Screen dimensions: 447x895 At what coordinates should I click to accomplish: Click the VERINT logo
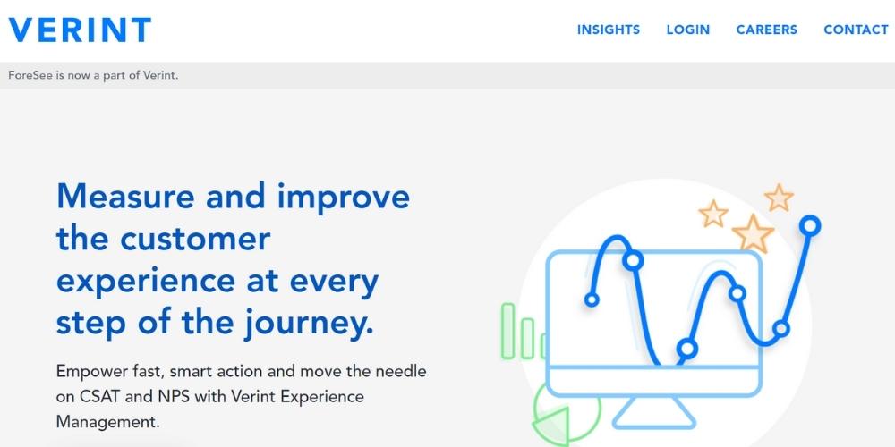tap(80, 30)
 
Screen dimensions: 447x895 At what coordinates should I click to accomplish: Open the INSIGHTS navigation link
tap(609, 30)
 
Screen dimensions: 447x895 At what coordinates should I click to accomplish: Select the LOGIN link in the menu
tap(687, 30)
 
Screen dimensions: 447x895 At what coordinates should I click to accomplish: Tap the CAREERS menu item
tap(766, 30)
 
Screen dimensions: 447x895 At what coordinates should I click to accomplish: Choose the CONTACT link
tap(856, 30)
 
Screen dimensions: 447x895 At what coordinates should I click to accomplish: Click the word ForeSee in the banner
tap(30, 75)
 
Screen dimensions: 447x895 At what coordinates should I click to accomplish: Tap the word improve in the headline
tap(343, 196)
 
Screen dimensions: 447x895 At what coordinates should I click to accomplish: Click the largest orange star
tap(753, 233)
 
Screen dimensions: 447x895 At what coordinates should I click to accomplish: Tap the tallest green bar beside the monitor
tap(508, 330)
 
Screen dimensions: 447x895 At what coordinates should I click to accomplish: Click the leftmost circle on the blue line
tap(592, 299)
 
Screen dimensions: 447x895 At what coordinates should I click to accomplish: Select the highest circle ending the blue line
tap(810, 225)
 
